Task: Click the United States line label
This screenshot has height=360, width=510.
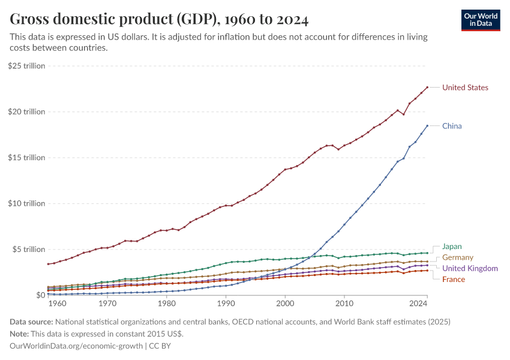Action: [465, 88]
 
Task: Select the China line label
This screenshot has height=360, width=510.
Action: [452, 126]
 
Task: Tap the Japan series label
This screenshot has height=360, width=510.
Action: [452, 247]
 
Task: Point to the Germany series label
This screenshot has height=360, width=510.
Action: [457, 257]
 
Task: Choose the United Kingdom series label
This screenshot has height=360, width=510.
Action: [470, 268]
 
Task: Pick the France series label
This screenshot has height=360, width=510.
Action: [453, 279]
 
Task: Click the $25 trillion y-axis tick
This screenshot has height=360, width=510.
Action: [26, 66]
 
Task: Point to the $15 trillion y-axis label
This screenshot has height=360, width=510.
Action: [26, 158]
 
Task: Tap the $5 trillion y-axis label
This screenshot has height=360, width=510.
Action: [28, 249]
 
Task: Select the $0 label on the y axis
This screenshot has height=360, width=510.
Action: [40, 295]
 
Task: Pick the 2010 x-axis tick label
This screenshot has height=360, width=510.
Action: [344, 305]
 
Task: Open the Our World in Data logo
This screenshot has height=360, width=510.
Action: [480, 20]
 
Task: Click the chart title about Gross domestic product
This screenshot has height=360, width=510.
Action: [159, 20]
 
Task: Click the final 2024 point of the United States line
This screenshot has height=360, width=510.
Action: [427, 88]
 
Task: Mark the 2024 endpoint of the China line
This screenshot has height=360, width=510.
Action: [427, 125]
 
